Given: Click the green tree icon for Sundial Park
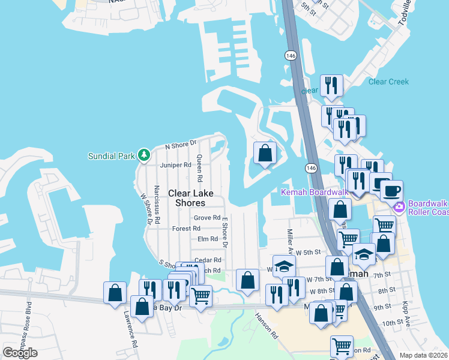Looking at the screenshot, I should tap(144, 156).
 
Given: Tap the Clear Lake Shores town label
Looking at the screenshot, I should tap(190, 198).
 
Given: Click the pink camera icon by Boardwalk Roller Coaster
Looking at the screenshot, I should tap(400, 207).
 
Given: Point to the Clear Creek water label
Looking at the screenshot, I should tap(388, 82).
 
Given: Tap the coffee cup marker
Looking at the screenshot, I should tap(391, 191).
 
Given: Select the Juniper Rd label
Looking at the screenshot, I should tap(175, 165).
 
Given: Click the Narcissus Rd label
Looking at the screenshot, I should tap(157, 205).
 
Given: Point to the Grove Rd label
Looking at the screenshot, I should tap(207, 218).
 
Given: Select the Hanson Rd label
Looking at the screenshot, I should tap(266, 325).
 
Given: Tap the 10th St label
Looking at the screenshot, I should tap(392, 323).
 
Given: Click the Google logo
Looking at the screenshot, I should tap(20, 353).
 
